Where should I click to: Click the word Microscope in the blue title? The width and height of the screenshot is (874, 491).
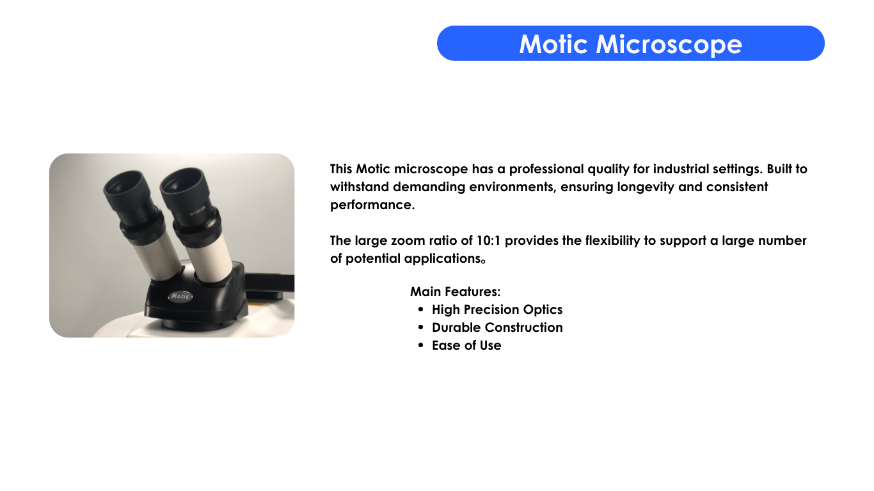coord(669,45)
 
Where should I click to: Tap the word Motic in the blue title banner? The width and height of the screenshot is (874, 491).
coord(553,43)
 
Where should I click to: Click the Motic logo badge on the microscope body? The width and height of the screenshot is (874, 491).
coord(180,297)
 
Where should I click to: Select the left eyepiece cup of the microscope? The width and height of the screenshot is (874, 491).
coord(127,189)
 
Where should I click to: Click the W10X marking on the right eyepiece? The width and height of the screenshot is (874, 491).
coord(197,212)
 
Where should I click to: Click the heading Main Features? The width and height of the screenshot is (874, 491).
coord(455,292)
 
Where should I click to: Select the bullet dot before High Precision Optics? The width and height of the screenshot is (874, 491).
coord(420,309)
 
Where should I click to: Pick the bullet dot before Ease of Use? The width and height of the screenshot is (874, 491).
coord(420,345)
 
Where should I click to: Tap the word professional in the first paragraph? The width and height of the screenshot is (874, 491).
coord(546,169)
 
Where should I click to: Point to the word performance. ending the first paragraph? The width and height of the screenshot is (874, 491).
coord(372,205)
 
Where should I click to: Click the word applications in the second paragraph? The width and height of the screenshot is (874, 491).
coord(444,258)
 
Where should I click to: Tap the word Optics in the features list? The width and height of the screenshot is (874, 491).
coord(543,309)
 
